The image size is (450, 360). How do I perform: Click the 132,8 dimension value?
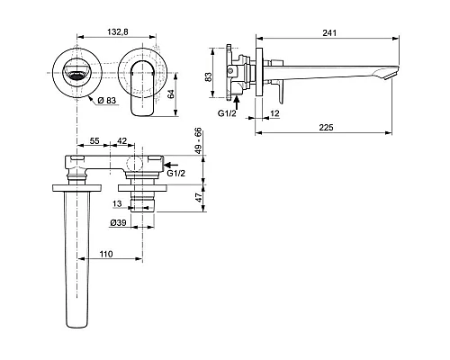pyautogui.click(x=118, y=31)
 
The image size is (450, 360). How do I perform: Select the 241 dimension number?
pyautogui.click(x=329, y=32)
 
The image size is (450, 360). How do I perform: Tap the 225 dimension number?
pyautogui.click(x=326, y=128)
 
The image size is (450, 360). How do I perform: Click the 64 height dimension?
pyautogui.click(x=170, y=94)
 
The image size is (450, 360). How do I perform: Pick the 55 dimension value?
pyautogui.click(x=94, y=140)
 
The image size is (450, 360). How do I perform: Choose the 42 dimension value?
pyautogui.click(x=121, y=140)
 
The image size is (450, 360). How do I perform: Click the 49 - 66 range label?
pyautogui.click(x=199, y=140)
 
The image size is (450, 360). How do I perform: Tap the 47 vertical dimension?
pyautogui.click(x=199, y=198)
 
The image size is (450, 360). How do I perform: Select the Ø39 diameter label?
pyautogui.click(x=118, y=222)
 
